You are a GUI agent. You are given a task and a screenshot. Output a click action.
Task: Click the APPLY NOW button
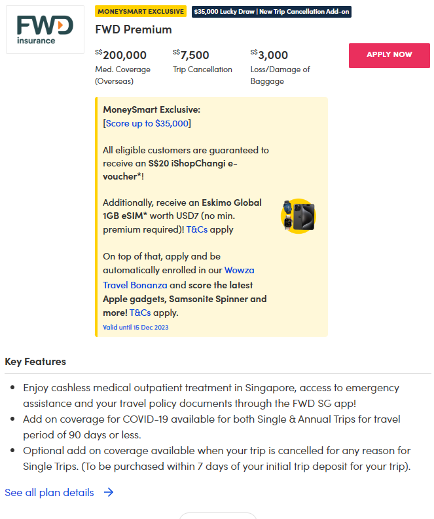pos(389,55)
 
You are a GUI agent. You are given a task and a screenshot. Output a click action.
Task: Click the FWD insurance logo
pos(45,29)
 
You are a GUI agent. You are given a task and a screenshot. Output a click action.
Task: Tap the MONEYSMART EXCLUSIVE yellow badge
pos(141,12)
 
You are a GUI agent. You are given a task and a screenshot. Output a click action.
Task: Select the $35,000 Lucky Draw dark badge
pos(271,12)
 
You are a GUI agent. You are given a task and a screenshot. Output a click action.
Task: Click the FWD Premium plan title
pos(134,29)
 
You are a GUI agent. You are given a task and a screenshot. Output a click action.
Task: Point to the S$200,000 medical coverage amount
pos(121,55)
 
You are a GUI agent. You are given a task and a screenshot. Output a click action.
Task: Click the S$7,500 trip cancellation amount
pos(191,55)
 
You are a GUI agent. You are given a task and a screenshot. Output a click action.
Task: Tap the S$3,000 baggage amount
pos(269,55)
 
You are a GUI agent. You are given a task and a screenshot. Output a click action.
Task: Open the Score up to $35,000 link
pos(147,123)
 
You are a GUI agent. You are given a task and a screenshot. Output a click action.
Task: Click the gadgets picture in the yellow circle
pos(298,216)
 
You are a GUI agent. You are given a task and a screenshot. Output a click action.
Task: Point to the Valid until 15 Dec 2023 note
pos(136,327)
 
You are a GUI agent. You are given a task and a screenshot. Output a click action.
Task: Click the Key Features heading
pos(35,362)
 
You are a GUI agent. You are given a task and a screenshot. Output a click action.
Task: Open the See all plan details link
pos(49,492)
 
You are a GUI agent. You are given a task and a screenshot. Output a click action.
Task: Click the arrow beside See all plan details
pos(109,492)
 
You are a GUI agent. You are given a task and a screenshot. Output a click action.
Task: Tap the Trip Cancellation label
pos(202,69)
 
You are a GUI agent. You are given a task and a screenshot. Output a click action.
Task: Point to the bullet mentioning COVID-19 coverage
pos(211,426)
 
